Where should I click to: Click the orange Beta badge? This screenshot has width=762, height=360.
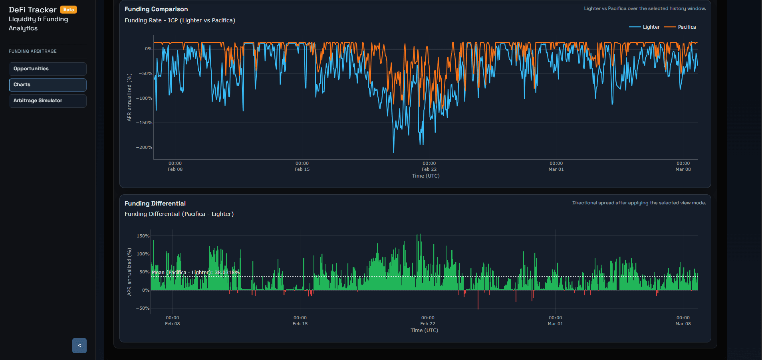pos(68,10)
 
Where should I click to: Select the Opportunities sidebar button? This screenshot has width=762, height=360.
pos(48,69)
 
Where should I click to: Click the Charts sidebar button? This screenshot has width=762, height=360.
pos(48,85)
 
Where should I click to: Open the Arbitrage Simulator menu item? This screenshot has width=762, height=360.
pos(48,101)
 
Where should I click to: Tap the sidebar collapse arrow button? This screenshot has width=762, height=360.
pos(79,346)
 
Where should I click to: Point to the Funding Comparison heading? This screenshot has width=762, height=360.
pos(156,9)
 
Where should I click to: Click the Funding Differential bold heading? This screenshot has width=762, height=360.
pos(155,204)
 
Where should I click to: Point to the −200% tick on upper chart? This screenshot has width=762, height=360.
pos(144,148)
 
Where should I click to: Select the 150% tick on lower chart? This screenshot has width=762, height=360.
pos(143,236)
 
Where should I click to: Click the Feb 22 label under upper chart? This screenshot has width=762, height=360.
pos(429,169)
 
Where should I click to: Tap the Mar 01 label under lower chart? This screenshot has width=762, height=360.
pos(555,324)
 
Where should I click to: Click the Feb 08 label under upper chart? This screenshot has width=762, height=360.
pos(175,169)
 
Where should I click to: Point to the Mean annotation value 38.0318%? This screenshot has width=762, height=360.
pos(227,273)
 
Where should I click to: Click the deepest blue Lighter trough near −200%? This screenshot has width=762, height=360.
pos(393,152)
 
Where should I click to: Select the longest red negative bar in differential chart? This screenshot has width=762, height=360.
pos(478,307)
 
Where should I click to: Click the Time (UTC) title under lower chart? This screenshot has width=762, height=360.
pos(424,330)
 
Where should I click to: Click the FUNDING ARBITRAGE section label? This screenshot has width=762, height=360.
pos(33,51)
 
